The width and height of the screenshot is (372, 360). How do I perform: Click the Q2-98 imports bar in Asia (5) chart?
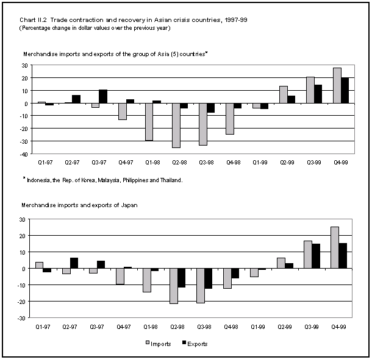[x=176, y=125]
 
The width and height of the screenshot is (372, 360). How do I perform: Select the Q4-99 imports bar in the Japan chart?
[x=335, y=247]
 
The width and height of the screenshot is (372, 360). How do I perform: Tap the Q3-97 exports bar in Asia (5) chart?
[x=103, y=96]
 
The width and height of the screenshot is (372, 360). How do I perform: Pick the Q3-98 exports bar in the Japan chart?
[x=209, y=278]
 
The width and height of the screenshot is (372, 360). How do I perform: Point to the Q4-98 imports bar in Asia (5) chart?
[x=230, y=119]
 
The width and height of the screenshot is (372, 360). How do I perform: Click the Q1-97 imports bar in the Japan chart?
[x=39, y=265]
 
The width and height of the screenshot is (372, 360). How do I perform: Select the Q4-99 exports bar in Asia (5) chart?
[x=345, y=90]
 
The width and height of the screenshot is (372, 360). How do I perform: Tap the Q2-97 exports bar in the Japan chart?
[x=74, y=263]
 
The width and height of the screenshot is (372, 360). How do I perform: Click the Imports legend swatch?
[x=148, y=343]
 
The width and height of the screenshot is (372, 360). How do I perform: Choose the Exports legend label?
[x=198, y=344]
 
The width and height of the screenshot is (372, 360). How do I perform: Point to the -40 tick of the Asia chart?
[x=25, y=154]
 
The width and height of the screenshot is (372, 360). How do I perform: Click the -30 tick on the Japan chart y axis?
[x=21, y=318]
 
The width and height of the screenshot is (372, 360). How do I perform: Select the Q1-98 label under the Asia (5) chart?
[x=152, y=163]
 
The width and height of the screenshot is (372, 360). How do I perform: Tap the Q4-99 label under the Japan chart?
[x=338, y=327]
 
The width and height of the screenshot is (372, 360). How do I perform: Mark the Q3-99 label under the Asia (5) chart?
[x=314, y=163]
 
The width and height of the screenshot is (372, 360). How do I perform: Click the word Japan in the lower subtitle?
[x=129, y=205]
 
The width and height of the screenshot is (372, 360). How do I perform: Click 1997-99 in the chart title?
[x=236, y=20]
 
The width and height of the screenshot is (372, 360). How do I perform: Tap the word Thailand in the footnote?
[x=171, y=180]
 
